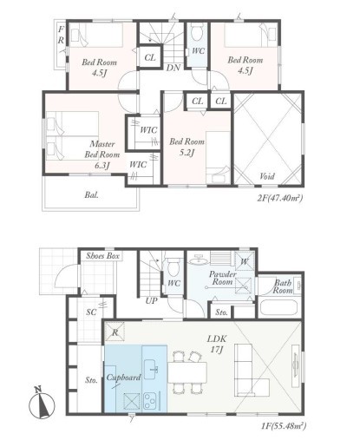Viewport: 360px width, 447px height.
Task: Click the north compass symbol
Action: (42, 404)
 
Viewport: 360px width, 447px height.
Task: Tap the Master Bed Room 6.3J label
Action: (102, 154)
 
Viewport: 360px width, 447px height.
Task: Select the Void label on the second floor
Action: (267, 176)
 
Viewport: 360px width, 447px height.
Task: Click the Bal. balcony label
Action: (91, 194)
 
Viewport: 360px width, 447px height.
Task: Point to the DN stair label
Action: (173, 68)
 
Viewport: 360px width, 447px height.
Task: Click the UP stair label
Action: (151, 301)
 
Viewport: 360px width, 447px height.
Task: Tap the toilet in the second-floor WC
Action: (198, 32)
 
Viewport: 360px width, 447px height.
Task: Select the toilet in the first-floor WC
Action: (173, 266)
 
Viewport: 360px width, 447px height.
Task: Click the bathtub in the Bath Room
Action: (278, 308)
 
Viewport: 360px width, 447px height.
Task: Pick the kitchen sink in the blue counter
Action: (151, 370)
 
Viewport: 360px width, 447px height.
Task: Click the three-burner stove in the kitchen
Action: (150, 400)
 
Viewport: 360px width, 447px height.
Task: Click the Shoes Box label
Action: (102, 256)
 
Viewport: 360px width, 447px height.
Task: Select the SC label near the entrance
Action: (91, 312)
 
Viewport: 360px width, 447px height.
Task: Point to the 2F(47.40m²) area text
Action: (279, 198)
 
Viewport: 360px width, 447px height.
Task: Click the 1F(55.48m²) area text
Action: (284, 425)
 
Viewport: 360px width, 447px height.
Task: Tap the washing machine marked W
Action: (245, 261)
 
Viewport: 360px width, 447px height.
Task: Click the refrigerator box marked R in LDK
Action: (115, 332)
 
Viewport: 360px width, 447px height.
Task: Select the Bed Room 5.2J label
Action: (187, 147)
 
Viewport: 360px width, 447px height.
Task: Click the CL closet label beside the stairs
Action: (150, 57)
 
